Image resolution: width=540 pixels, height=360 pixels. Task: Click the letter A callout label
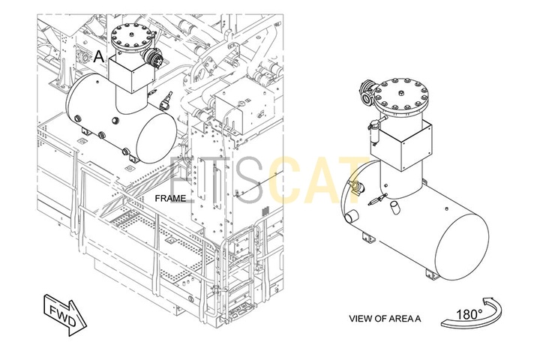[99, 55]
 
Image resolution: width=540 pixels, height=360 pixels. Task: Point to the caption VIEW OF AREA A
[385, 319]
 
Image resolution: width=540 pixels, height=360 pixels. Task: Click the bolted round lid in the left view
[132, 36]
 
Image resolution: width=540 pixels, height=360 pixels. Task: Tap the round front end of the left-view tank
[156, 133]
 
